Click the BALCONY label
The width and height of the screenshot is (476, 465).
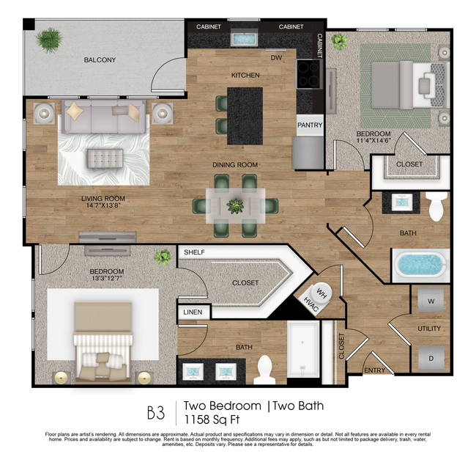tap(100, 60)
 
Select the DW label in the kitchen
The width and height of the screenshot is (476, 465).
tap(276, 57)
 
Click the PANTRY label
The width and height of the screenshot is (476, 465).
tap(310, 125)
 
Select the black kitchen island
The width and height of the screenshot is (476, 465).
tap(245, 116)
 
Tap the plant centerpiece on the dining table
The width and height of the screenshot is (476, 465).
tap(235, 207)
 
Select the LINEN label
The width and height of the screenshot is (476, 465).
tap(193, 313)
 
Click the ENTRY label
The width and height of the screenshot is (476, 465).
tap(374, 370)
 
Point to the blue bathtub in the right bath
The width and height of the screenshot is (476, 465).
tap(420, 266)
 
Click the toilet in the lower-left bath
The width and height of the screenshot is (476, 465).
tap(264, 370)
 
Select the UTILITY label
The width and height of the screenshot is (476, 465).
tap(429, 329)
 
